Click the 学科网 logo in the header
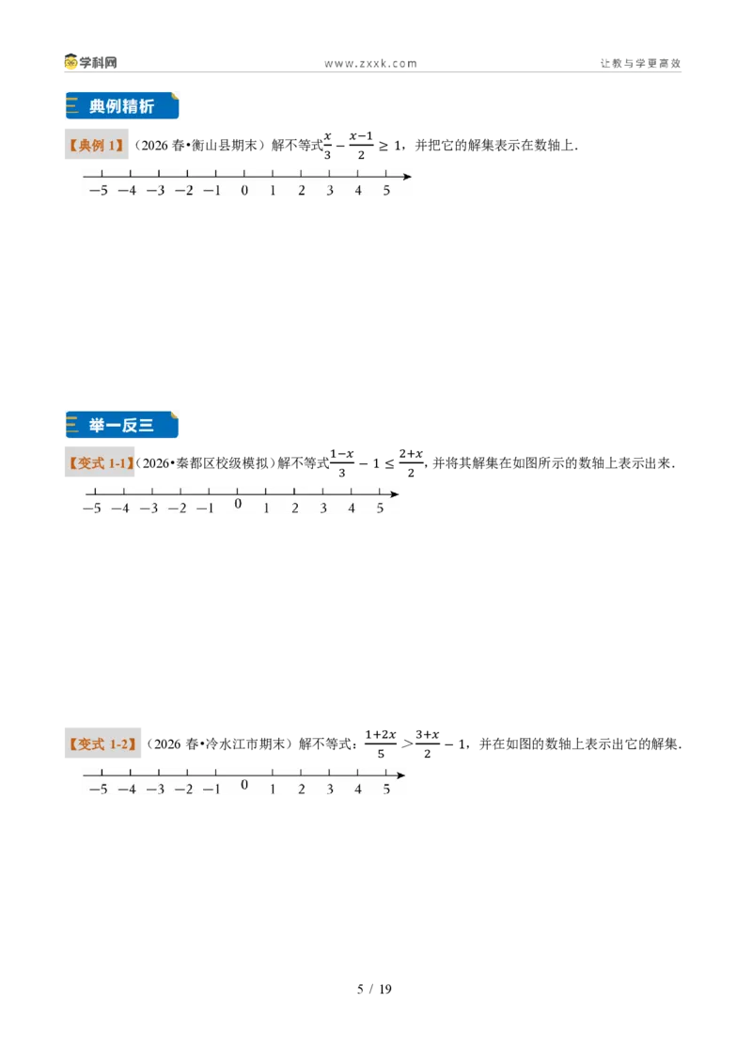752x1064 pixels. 90,62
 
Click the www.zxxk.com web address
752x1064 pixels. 370,64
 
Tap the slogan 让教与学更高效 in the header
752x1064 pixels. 640,63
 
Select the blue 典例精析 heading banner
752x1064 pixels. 122,106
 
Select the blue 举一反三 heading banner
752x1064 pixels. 122,425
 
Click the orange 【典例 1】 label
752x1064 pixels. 97,145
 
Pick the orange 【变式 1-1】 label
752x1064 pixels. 100,462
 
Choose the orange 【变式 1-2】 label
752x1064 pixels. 102,743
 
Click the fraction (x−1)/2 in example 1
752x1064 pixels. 361,145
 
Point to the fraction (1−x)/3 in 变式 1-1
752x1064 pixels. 342,462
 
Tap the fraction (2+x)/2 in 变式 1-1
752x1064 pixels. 411,462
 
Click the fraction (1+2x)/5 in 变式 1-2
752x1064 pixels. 381,743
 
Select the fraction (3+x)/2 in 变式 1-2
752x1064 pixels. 427,743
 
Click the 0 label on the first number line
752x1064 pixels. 244,191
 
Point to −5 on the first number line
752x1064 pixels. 99,191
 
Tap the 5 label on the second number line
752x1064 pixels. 380,509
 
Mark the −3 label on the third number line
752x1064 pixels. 155,790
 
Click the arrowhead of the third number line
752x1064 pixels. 401,775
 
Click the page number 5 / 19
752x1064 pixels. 375,989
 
